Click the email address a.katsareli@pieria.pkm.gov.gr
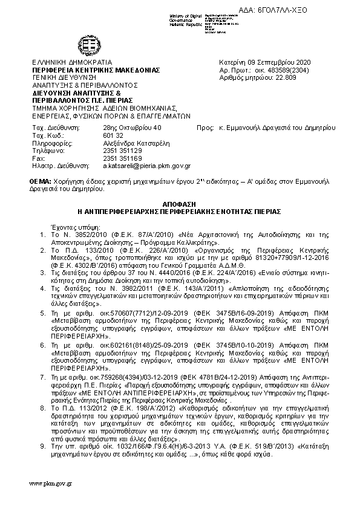(x=147, y=165)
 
